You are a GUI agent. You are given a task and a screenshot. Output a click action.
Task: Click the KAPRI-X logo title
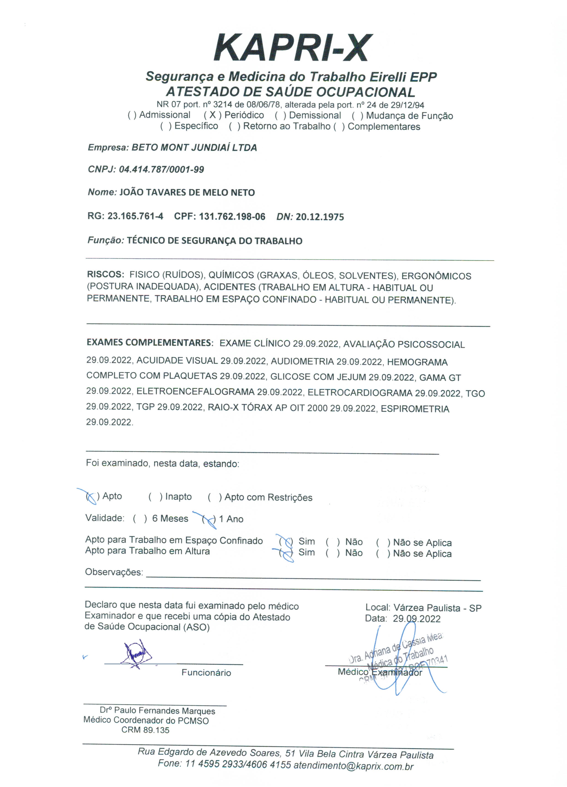point(293,48)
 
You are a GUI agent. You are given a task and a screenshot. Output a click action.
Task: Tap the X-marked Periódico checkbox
point(212,115)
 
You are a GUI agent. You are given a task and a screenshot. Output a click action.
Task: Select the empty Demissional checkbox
point(280,116)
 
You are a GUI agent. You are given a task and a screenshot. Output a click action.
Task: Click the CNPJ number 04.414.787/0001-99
point(161,170)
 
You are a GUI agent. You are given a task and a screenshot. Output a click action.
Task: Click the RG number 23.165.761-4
point(135,217)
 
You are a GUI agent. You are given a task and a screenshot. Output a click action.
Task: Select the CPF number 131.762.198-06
point(232,217)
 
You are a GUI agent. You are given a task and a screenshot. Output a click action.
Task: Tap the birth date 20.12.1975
point(320,217)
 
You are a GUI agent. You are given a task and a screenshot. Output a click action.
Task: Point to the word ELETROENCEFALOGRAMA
point(195,392)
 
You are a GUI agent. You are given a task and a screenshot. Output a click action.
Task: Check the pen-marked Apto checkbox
point(91,497)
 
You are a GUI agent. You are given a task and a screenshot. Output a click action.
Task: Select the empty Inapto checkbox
point(155,497)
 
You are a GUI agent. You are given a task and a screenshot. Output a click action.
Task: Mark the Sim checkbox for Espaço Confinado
point(286,542)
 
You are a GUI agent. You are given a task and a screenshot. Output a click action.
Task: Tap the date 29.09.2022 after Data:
point(417,618)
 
